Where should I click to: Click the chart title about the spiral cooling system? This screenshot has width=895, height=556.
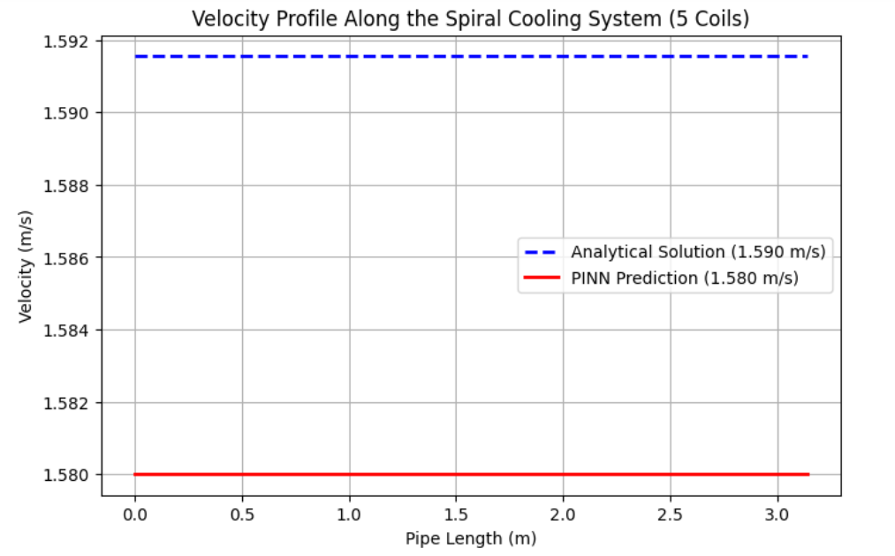[470, 19]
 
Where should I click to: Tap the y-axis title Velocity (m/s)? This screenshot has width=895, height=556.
[26, 263]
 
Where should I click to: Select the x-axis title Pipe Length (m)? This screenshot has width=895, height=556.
[470, 537]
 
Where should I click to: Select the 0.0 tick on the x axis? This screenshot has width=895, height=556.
[134, 513]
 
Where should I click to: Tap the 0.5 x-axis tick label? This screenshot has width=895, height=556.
[241, 513]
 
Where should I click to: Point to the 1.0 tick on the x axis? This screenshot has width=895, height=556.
[349, 513]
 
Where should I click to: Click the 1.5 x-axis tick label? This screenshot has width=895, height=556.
[456, 513]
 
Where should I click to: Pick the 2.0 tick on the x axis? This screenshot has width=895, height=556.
[563, 513]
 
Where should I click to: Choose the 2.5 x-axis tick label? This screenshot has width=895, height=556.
[671, 513]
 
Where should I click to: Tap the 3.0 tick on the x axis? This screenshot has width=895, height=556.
[777, 513]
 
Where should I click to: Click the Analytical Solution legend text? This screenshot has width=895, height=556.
[698, 252]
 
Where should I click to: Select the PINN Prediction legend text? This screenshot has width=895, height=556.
[685, 278]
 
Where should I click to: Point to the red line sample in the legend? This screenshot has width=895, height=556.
[542, 278]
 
